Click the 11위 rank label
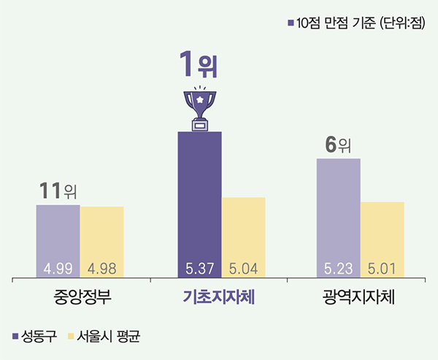point(58,191)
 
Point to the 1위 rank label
point(199,69)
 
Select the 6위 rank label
point(338,145)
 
